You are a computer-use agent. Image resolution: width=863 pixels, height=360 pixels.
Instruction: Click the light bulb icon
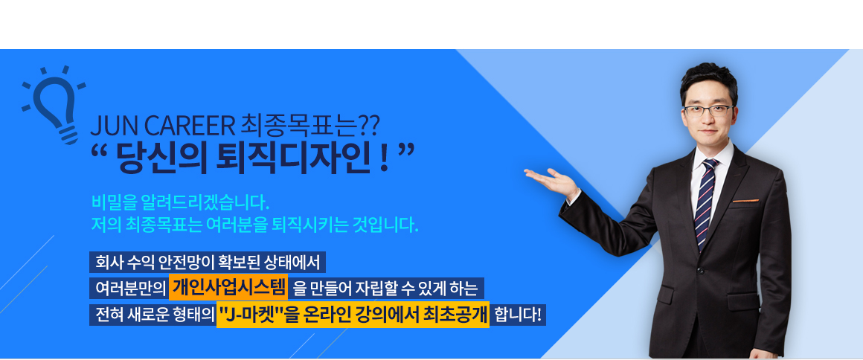click(54, 105)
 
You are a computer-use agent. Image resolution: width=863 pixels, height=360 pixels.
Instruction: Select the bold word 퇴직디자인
click(298, 158)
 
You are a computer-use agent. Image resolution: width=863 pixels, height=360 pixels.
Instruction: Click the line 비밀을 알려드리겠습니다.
click(180, 202)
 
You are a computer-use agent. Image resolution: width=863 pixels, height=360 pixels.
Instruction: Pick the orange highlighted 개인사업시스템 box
click(228, 287)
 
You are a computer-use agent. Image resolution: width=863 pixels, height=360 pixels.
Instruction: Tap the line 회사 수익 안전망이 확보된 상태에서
click(208, 262)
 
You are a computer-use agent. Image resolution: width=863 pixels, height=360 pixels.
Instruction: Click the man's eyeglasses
click(708, 109)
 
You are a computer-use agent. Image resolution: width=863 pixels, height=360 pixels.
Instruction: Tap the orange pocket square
click(745, 201)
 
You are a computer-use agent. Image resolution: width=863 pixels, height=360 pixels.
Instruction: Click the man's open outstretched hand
click(551, 181)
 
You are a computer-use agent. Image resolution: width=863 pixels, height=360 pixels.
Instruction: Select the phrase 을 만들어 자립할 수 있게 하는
click(386, 288)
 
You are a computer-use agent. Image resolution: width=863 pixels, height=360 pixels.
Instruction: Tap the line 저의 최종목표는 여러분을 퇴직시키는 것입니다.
click(255, 225)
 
